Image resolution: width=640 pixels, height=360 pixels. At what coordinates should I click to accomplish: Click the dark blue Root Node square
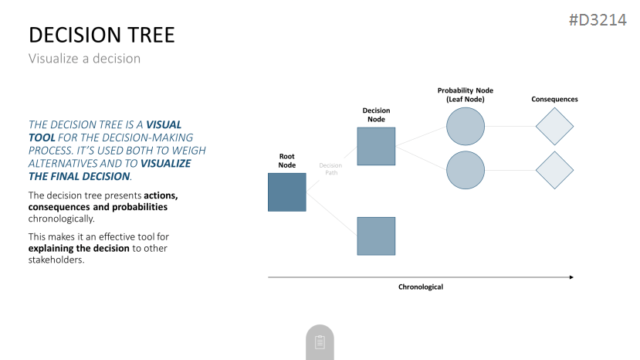tap(287, 192)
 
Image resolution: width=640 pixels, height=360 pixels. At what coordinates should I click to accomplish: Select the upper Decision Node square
tap(376, 146)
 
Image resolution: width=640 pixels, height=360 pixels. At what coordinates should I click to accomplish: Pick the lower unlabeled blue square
tap(376, 236)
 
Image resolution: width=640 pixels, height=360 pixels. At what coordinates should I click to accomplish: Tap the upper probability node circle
tap(466, 126)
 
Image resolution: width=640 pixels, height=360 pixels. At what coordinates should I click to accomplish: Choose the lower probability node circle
tap(466, 170)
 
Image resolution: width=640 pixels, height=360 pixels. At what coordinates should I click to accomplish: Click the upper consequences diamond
tap(554, 126)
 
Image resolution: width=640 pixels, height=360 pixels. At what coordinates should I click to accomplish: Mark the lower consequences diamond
tap(554, 170)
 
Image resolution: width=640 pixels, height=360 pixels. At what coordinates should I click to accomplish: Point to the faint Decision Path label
tap(330, 168)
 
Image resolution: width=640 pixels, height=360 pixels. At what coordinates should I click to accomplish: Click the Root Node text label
tap(287, 161)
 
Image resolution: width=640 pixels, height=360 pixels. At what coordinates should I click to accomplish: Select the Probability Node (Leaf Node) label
tap(466, 95)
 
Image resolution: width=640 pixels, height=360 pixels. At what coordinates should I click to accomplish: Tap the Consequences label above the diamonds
tap(554, 99)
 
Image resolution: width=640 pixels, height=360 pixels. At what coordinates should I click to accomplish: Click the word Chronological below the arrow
tap(421, 287)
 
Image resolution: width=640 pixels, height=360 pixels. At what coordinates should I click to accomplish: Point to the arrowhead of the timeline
tap(572, 277)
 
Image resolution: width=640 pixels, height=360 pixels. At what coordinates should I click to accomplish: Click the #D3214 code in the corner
tap(598, 19)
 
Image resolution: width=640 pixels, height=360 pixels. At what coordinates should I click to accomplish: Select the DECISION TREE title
tap(102, 35)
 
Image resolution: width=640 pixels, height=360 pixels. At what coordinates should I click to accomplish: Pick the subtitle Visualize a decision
tap(84, 59)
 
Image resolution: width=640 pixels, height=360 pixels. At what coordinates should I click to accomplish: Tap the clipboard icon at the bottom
tap(320, 342)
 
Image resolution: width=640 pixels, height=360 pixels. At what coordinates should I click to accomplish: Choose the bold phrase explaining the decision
tap(79, 248)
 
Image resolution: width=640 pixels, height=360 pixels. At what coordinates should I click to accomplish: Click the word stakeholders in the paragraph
tap(56, 260)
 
